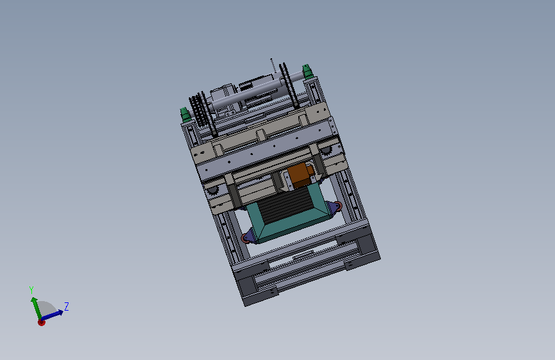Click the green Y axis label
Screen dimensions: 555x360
tap(31, 290)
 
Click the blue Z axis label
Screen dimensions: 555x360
tap(66, 306)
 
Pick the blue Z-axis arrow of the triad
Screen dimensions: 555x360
tap(52, 315)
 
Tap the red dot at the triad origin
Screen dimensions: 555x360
tap(42, 322)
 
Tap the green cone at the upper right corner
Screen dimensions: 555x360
tap(307, 72)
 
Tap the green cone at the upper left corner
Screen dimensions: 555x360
tap(186, 115)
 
